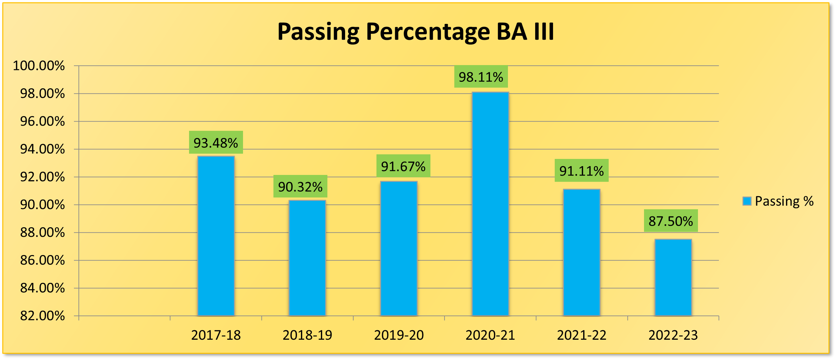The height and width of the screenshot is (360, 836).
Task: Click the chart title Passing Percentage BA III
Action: point(415,32)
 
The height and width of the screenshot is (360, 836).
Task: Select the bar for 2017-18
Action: point(216,235)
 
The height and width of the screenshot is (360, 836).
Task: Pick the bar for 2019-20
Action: point(399,249)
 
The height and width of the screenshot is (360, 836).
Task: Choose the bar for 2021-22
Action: point(582,252)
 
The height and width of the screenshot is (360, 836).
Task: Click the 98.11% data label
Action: point(481,77)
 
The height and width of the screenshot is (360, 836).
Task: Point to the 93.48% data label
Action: point(216,143)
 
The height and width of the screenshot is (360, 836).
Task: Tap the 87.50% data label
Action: point(671,221)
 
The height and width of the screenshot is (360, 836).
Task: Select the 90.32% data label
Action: point(300,187)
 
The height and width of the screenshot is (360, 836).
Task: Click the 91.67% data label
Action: point(403,166)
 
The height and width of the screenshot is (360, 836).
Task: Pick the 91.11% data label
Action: point(582,171)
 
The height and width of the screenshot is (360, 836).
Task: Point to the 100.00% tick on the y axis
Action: point(39,66)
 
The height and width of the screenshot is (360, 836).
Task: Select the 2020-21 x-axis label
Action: point(490,335)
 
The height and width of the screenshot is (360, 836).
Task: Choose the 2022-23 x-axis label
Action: point(673,335)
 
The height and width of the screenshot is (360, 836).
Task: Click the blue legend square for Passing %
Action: point(747,201)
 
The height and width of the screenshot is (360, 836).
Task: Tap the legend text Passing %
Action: point(784,201)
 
